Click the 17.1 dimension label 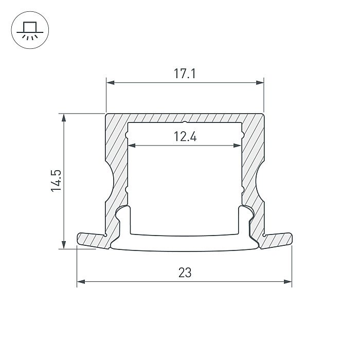tap(185, 74)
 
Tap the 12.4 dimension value tap(185, 137)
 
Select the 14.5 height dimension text tap(56, 181)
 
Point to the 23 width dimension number tap(185, 273)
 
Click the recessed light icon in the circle tap(30, 31)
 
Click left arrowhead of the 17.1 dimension tap(111, 82)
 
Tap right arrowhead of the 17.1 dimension tap(260, 82)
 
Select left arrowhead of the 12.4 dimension tap(132, 146)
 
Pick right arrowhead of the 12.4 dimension tap(237, 146)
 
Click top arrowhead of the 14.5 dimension tap(64, 118)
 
